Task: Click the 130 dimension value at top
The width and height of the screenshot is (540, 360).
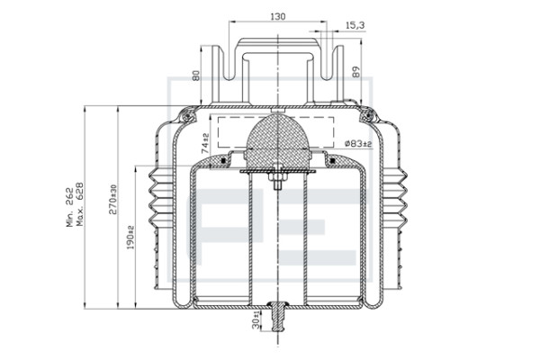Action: click(x=278, y=16)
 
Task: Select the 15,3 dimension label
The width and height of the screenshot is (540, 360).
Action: click(x=355, y=25)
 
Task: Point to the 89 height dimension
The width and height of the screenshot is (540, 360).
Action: click(x=356, y=72)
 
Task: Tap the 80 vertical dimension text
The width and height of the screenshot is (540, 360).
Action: click(x=195, y=76)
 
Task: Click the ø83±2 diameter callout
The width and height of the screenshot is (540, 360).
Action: click(x=358, y=143)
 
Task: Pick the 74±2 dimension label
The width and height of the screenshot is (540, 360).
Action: click(x=205, y=143)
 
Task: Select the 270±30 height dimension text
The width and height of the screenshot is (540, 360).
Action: click(x=113, y=200)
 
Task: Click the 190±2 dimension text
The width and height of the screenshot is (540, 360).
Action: click(x=130, y=238)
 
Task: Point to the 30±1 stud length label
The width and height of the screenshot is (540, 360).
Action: click(x=256, y=319)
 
